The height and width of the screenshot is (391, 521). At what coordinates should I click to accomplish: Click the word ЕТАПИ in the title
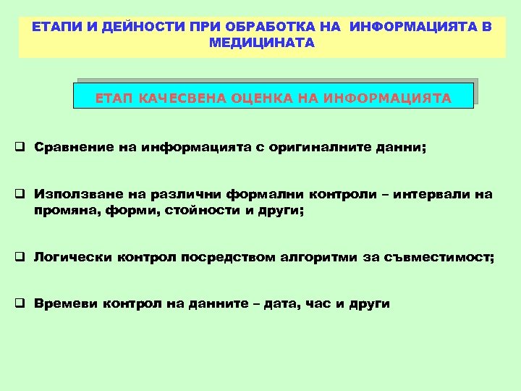[53, 27]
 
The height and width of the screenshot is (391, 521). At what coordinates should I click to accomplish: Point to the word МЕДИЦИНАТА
[261, 43]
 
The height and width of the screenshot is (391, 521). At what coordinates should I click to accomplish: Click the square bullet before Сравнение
[22, 148]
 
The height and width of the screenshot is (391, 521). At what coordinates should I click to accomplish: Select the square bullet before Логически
[22, 257]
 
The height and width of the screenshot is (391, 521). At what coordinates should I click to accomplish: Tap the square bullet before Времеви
[22, 304]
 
